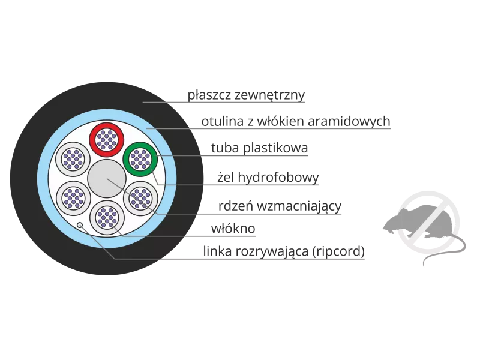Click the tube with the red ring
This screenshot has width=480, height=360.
tap(107, 139)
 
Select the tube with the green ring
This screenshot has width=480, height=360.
tap(140, 159)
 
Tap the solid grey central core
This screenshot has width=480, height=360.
tap(107, 179)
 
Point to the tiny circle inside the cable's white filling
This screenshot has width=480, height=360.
tap(80, 225)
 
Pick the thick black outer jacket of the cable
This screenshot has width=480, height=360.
tap(24, 180)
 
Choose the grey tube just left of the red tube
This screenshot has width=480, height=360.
tap(73, 159)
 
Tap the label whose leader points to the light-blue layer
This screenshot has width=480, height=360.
tap(297, 122)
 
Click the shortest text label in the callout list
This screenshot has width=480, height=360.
tap(235, 230)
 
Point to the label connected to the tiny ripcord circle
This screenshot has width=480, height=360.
tap(283, 253)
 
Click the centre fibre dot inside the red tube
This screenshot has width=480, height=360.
tap(107, 139)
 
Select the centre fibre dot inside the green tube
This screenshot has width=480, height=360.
tap(140, 159)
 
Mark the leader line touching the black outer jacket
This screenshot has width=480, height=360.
tap(159, 103)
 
